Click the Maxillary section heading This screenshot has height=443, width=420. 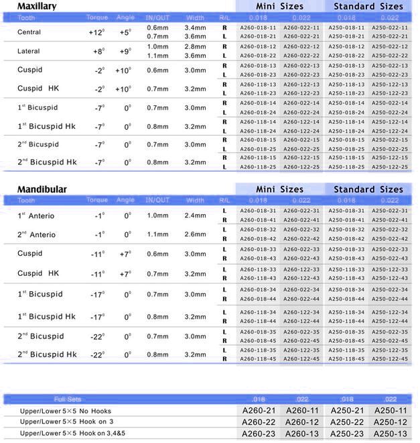tap(37, 6)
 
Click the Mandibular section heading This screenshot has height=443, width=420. tap(42, 189)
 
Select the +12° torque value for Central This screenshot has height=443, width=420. tap(96, 32)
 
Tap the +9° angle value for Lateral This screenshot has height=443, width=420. tap(125, 51)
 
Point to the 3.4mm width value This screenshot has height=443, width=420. tap(196, 28)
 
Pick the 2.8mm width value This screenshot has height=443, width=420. tap(196, 46)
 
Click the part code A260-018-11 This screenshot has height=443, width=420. tap(258, 28)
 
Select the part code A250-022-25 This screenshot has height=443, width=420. tap(390, 148)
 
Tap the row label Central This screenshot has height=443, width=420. tap(29, 32)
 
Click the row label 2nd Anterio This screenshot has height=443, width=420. tap(37, 234)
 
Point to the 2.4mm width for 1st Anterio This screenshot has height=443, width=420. tap(196, 215)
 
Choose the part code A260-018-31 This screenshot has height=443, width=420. tap(258, 211)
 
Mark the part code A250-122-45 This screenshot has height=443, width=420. tap(390, 358)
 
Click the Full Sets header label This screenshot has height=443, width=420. tap(68, 399)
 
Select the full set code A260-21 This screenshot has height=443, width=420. tap(258, 410)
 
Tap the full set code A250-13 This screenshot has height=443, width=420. tap(390, 433)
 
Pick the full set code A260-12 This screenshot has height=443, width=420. tap(301, 422)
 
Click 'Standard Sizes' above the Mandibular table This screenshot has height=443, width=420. tap(368, 189)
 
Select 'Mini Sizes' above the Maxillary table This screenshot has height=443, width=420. tap(279, 6)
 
